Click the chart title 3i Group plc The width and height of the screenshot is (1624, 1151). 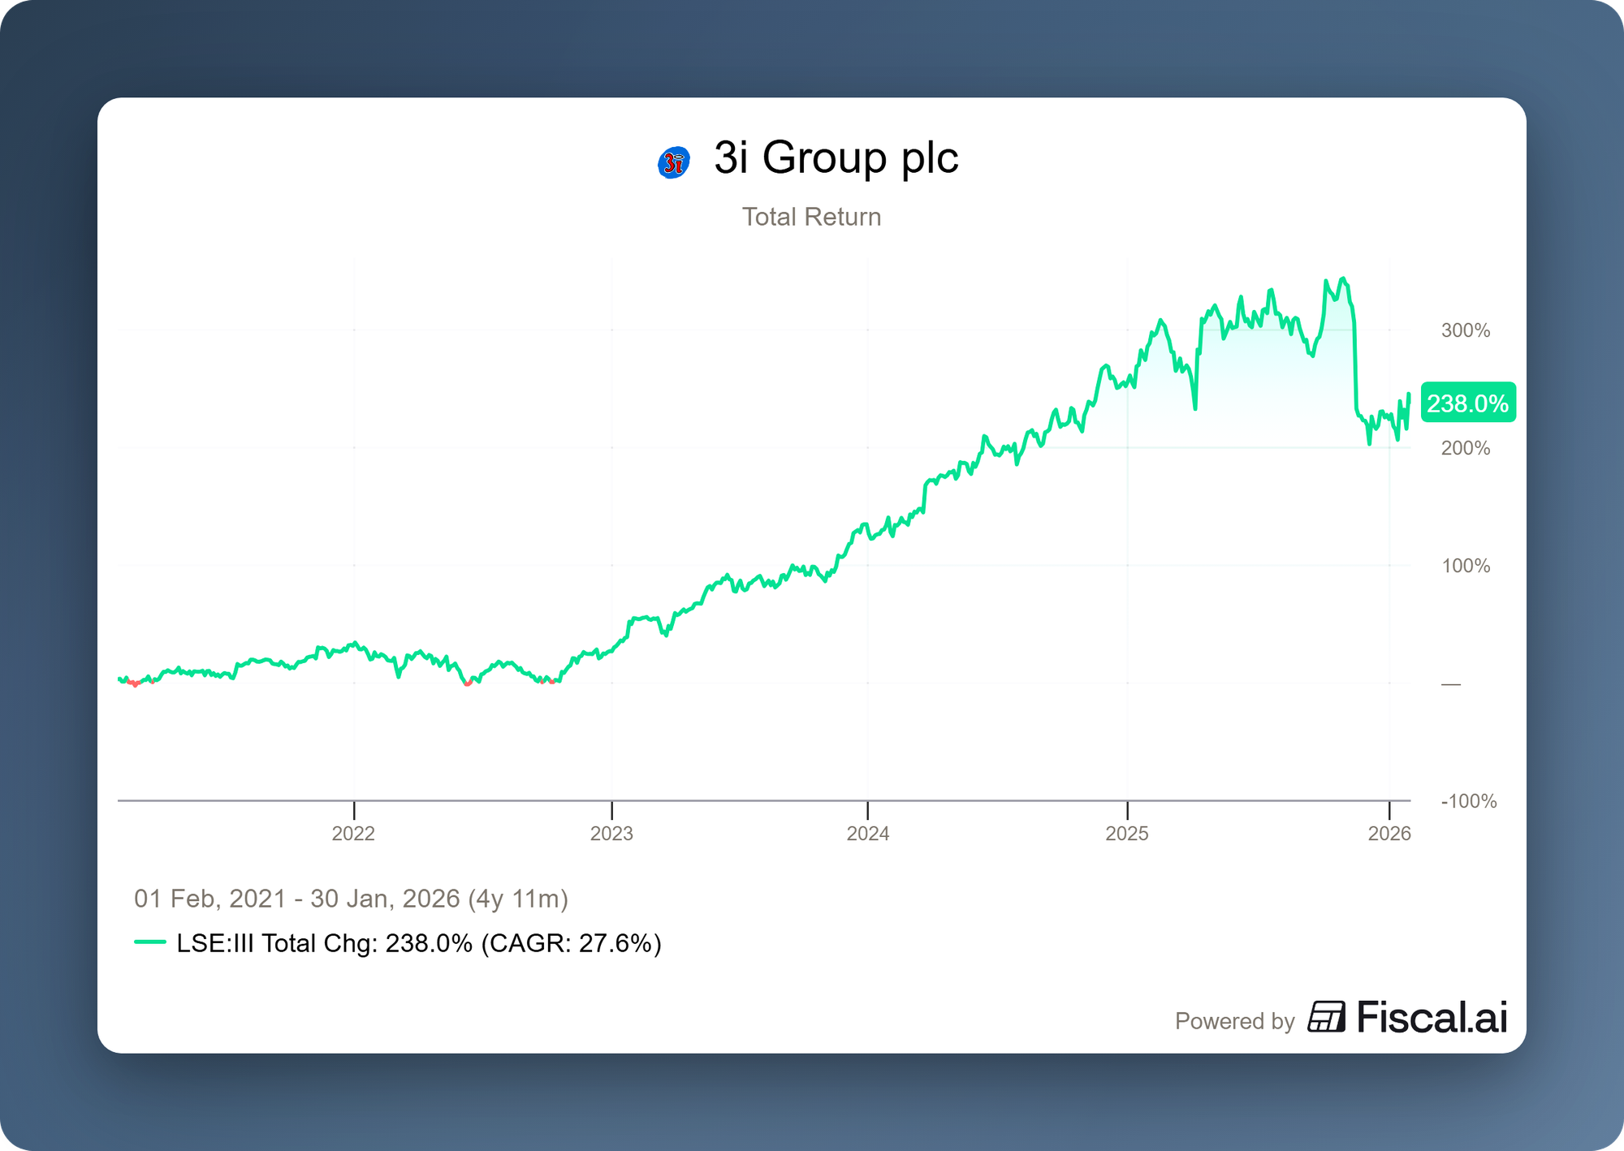click(836, 157)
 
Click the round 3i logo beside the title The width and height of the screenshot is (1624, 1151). click(673, 162)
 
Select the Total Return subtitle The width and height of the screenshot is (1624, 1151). click(811, 217)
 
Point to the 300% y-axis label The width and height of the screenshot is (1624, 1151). click(1465, 330)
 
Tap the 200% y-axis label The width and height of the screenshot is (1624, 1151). click(1465, 448)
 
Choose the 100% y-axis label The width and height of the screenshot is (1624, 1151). click(1465, 566)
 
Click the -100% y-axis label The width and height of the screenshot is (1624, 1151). click(1468, 801)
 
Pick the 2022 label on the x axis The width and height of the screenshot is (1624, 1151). click(353, 834)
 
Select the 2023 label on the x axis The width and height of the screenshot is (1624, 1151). click(611, 834)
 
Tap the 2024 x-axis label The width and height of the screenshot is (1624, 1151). click(868, 834)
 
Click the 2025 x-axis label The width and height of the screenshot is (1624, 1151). click(1127, 834)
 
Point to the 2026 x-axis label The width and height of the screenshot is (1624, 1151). click(1389, 834)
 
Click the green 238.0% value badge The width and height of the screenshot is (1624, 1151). click(1467, 403)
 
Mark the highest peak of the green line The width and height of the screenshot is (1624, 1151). click(1343, 279)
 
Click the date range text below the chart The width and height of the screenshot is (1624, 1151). click(351, 899)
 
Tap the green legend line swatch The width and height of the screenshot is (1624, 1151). click(150, 942)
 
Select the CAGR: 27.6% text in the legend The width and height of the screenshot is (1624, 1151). click(572, 943)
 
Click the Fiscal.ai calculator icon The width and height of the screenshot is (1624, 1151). click(1325, 1017)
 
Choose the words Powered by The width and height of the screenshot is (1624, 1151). click(1234, 1021)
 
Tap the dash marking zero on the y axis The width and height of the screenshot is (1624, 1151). click(1450, 684)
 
